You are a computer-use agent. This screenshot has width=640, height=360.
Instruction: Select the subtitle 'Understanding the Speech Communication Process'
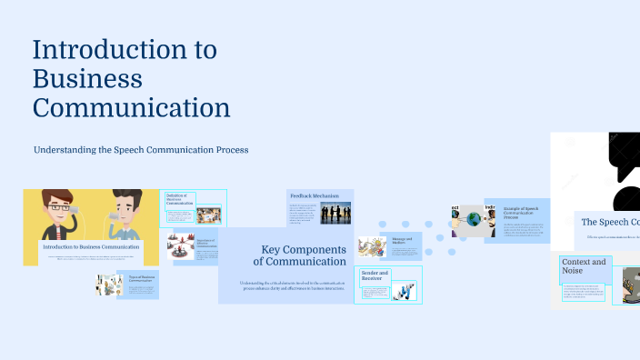141,149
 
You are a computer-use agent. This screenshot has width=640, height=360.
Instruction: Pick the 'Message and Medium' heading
402,242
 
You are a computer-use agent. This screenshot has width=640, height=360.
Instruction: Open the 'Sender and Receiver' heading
375,275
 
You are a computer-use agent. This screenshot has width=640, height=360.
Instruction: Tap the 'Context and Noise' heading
584,266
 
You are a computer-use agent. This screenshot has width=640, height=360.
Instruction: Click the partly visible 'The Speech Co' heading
609,222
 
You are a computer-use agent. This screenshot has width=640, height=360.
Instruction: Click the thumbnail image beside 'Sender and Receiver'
404,292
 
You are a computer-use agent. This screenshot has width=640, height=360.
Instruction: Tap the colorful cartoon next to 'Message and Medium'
373,247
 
